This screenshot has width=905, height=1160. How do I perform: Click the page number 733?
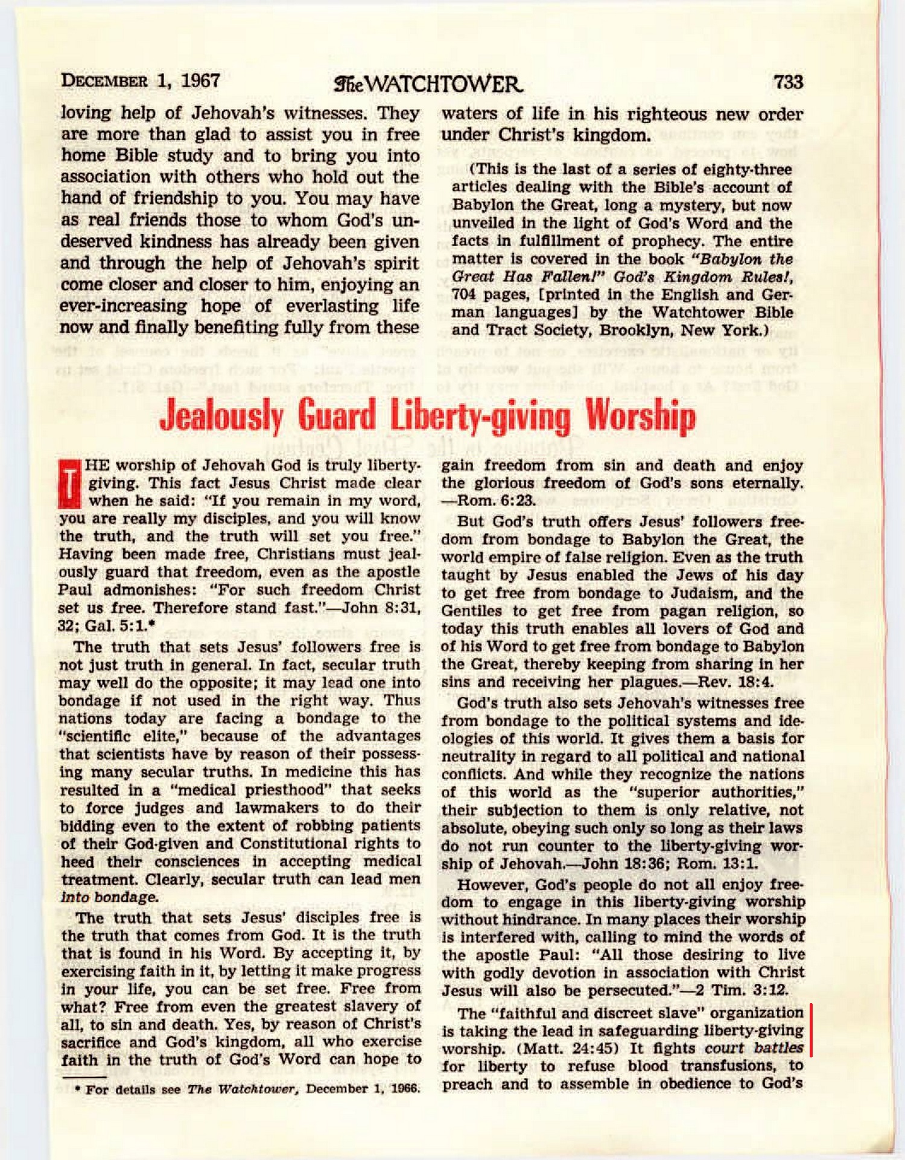(x=788, y=81)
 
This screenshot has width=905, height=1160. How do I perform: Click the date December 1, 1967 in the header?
(x=140, y=81)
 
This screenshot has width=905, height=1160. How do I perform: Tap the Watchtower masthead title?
(x=428, y=84)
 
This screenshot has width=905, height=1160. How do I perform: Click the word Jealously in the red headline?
(x=221, y=416)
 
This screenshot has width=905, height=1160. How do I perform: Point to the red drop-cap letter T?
(x=69, y=483)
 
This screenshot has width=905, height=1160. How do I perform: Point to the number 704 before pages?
(x=464, y=295)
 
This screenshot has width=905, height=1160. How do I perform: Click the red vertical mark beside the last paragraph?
(x=811, y=1030)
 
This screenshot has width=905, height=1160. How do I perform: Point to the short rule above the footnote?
(x=84, y=1077)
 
